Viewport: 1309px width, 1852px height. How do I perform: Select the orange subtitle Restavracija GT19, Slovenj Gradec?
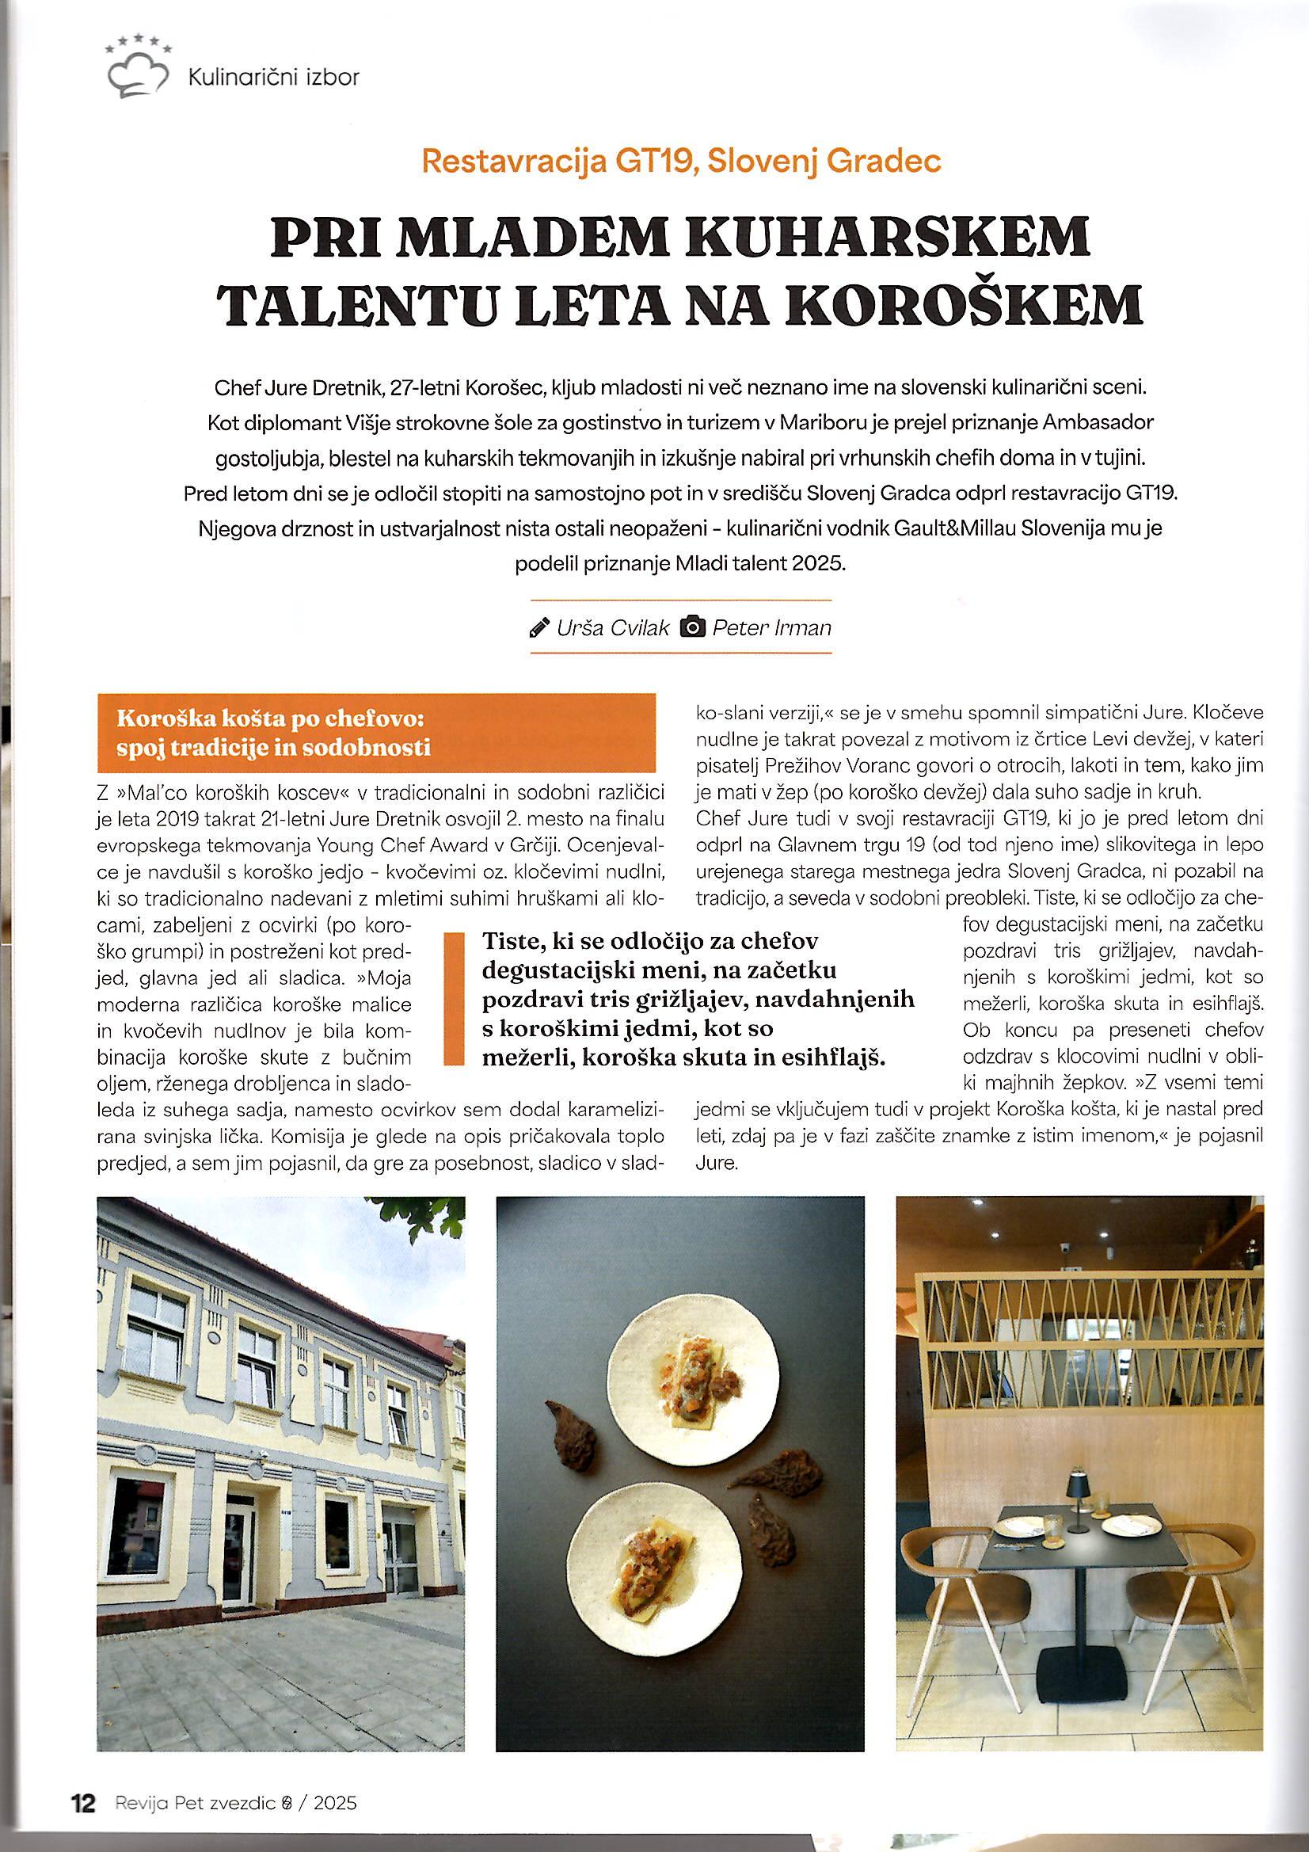(681, 162)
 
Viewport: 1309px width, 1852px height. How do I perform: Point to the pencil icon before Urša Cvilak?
(538, 627)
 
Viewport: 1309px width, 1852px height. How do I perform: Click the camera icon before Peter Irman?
(693, 627)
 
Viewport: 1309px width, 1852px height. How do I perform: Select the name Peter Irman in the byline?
(771, 627)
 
